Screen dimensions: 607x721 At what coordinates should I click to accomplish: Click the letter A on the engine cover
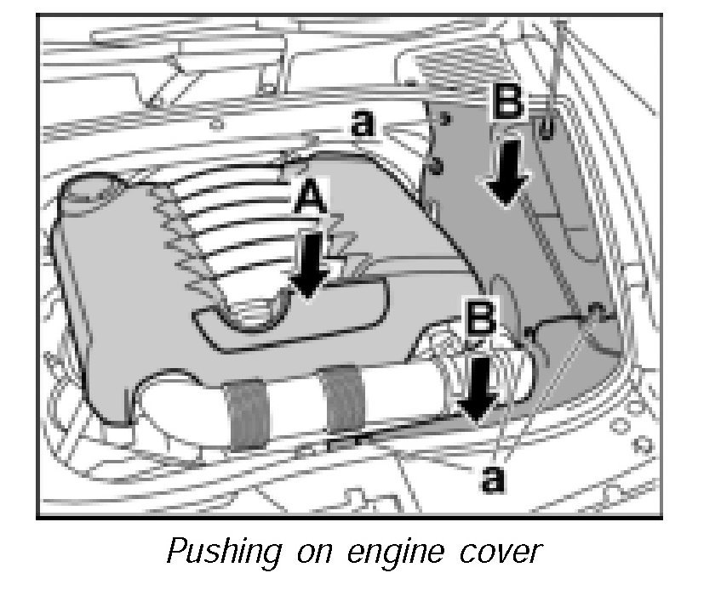tap(310, 201)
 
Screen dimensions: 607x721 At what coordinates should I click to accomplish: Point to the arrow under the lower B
tap(477, 388)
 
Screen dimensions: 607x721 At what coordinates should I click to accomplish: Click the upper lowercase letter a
tap(363, 125)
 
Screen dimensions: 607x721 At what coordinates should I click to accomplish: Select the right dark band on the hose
tap(345, 400)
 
